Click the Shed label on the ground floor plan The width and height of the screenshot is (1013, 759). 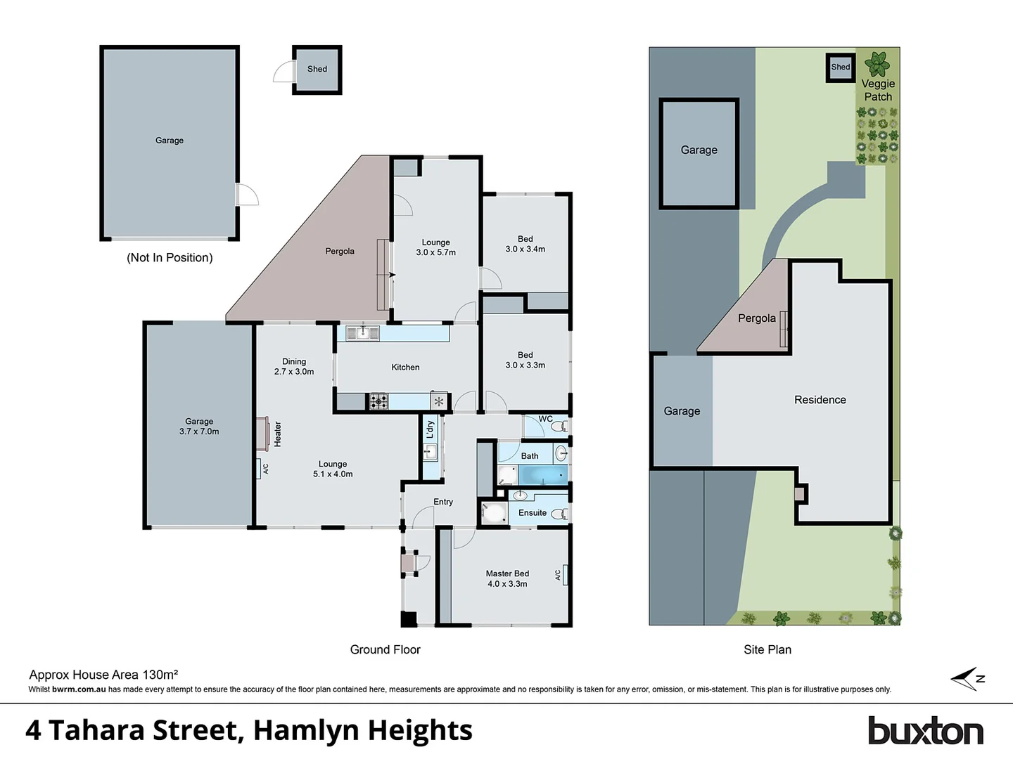pyautogui.click(x=317, y=69)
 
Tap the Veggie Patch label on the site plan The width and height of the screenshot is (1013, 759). pyautogui.click(x=878, y=90)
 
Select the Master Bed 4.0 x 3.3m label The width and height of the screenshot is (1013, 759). pyautogui.click(x=507, y=578)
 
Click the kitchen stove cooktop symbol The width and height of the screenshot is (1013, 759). pyautogui.click(x=378, y=402)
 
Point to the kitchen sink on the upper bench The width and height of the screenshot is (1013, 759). pyautogui.click(x=363, y=332)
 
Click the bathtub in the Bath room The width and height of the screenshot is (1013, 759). pyautogui.click(x=542, y=476)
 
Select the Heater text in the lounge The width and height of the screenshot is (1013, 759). pyautogui.click(x=278, y=434)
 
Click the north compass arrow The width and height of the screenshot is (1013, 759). pyautogui.click(x=967, y=679)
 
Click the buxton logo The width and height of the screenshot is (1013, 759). pyautogui.click(x=925, y=731)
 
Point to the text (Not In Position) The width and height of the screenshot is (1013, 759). pyautogui.click(x=170, y=258)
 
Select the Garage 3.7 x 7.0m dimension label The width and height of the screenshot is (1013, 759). pyautogui.click(x=199, y=427)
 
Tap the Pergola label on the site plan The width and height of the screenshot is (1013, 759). pyautogui.click(x=756, y=318)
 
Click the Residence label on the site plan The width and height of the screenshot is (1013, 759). pyautogui.click(x=820, y=400)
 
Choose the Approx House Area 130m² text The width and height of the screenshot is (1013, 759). pyautogui.click(x=103, y=675)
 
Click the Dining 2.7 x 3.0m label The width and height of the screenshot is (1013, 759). pyautogui.click(x=294, y=366)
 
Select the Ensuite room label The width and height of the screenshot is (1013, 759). pyautogui.click(x=533, y=513)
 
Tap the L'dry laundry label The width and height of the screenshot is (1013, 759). pyautogui.click(x=430, y=429)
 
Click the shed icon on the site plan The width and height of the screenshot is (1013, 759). pyautogui.click(x=840, y=67)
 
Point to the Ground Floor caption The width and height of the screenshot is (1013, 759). pyautogui.click(x=385, y=650)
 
